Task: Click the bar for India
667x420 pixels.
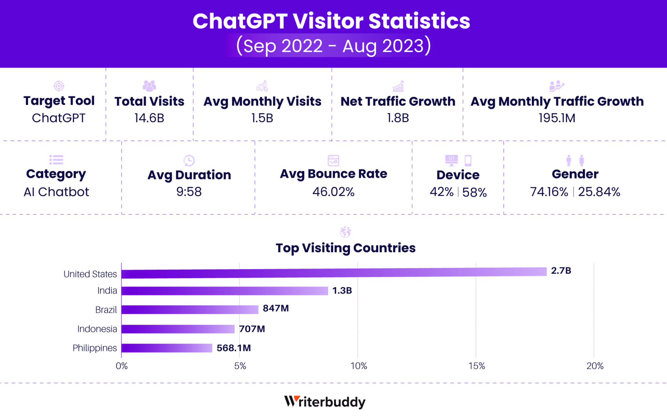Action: (x=225, y=291)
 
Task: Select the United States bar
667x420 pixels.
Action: (x=334, y=273)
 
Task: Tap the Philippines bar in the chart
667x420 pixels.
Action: (x=167, y=348)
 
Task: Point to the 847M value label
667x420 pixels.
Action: (x=276, y=308)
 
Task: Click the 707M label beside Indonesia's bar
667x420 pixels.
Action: (x=252, y=329)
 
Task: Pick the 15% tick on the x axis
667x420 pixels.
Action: (x=476, y=366)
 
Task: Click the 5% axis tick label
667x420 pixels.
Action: (x=240, y=366)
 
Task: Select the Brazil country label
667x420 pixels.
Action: (x=106, y=310)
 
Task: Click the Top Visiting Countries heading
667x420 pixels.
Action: (x=346, y=248)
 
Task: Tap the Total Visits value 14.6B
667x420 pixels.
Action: (x=149, y=118)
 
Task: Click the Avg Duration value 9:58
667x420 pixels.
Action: (x=189, y=192)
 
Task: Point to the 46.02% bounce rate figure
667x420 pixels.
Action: (x=333, y=192)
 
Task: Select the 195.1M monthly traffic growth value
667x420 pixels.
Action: (x=557, y=118)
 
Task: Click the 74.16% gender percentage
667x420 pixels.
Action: (x=549, y=192)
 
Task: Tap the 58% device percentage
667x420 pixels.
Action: (x=474, y=192)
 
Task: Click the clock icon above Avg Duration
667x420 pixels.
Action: (x=189, y=160)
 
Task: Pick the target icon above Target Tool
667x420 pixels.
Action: (x=59, y=86)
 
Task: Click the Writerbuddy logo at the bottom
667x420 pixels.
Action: (x=325, y=402)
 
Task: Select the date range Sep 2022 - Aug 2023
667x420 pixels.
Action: (x=333, y=46)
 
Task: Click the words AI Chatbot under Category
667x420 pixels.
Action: (x=56, y=192)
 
